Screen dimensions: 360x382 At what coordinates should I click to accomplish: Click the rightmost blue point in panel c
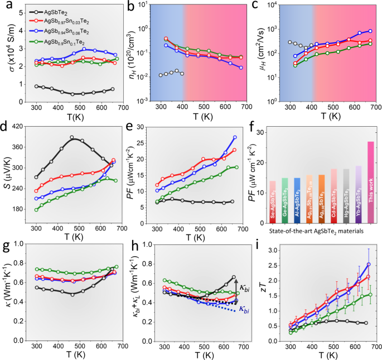click(x=370, y=31)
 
